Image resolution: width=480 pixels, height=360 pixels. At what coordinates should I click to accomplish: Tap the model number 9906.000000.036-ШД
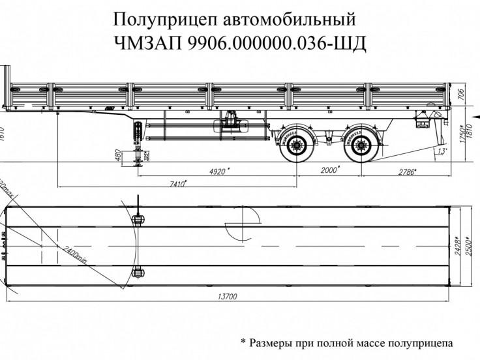pos(277,44)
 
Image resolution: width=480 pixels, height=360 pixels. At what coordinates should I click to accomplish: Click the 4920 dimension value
pos(220,172)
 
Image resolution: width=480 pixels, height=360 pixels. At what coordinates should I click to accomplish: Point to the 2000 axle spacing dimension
pos(330,170)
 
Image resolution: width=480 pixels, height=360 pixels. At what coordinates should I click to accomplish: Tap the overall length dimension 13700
pos(226,297)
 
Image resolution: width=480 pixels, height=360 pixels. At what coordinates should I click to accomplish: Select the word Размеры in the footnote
pos(274,342)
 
